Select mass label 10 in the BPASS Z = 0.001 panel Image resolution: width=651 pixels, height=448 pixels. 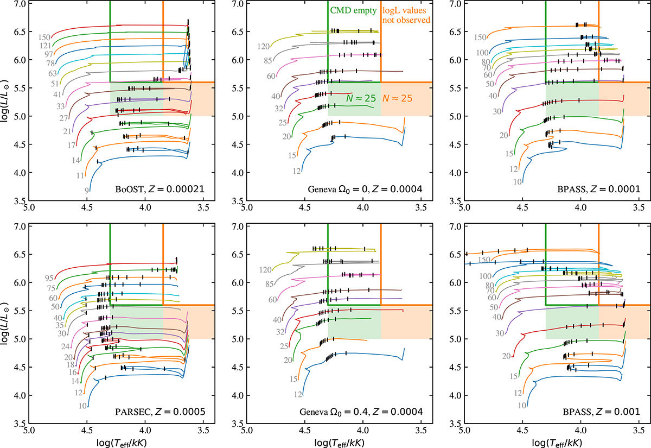[x=521, y=405]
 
